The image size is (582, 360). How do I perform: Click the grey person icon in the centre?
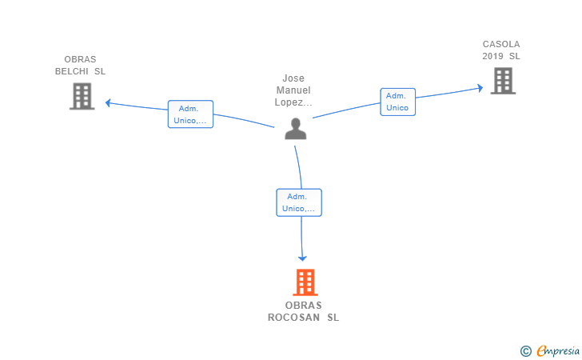296,129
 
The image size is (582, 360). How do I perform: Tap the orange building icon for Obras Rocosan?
305,282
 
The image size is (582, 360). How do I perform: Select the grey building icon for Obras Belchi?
82,96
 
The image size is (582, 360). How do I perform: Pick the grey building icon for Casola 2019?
502,80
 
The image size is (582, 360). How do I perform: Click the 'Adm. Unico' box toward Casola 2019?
397,102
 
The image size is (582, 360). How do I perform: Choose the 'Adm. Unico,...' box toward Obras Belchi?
190,114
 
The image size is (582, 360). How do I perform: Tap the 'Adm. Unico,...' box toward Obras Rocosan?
298,202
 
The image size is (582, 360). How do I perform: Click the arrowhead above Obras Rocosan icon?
302,257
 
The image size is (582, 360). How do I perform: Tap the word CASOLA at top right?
501,44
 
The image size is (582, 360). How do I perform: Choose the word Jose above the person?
293,78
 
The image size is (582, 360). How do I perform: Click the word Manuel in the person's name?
293,90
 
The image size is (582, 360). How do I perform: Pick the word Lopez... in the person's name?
293,102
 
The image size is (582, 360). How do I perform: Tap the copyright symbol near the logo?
525,350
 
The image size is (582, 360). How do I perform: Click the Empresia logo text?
558,350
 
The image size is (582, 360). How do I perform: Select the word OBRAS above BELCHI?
80,59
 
